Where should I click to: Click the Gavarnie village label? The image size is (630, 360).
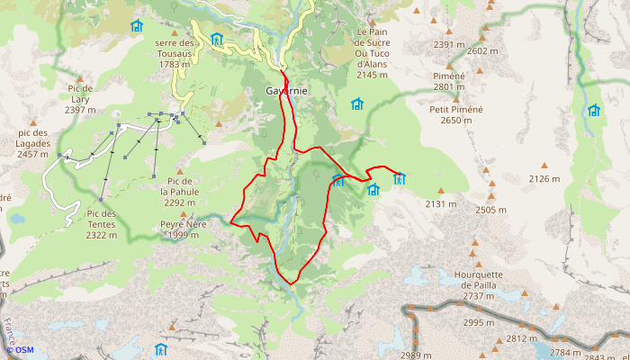coord(288,92)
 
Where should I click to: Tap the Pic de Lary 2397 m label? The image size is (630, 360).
coord(80,99)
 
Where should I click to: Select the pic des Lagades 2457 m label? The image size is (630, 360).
coord(32,143)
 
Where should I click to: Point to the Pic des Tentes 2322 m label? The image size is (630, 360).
coord(102,224)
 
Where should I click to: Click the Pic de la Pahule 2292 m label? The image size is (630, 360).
coord(179,192)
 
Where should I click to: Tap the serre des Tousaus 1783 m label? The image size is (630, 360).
coord(174,53)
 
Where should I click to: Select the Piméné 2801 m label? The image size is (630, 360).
coord(449,81)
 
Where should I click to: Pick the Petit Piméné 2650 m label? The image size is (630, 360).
coord(455,114)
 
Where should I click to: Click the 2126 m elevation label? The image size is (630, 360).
coord(544,179)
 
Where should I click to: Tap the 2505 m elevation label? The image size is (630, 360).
coord(490,210)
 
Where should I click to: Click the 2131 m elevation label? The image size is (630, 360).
coord(440,204)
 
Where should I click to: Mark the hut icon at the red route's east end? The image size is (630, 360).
coord(399,178)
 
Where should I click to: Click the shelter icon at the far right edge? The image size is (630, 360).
coord(593,111)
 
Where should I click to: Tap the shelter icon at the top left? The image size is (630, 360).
coord(137,26)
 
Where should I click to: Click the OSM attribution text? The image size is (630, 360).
coord(23,350)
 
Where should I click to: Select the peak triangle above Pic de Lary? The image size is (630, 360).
coord(80,79)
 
